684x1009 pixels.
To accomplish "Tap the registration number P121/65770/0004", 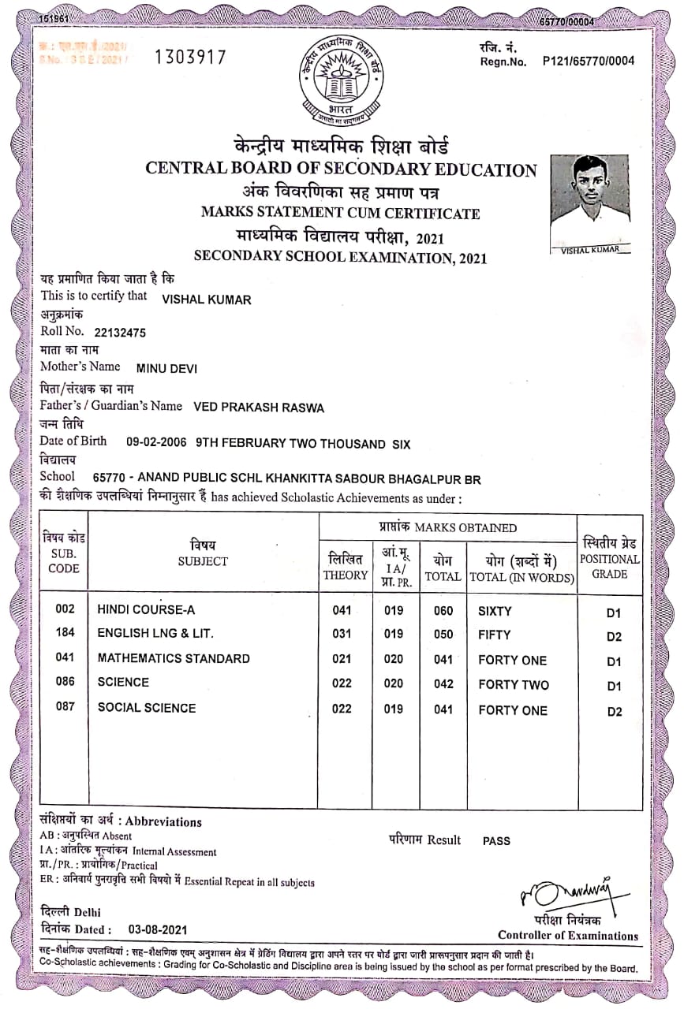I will (x=588, y=61).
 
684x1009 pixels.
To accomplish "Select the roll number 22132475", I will (x=120, y=333).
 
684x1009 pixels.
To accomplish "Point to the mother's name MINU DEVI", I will (x=166, y=368).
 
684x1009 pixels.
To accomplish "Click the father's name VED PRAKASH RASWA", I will (x=258, y=408).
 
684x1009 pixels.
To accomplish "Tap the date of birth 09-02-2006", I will (x=156, y=443).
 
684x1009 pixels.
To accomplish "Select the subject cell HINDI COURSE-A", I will (x=146, y=609).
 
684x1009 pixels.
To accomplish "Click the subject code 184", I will (x=65, y=633).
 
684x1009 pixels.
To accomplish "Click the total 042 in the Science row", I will (x=443, y=684).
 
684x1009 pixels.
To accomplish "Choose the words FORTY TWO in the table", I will (x=513, y=685).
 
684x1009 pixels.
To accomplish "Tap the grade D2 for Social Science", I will (x=614, y=712).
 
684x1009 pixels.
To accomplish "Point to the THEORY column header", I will (x=345, y=568).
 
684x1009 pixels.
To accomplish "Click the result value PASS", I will (x=496, y=841).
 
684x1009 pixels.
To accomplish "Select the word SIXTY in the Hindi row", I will (x=495, y=611).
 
